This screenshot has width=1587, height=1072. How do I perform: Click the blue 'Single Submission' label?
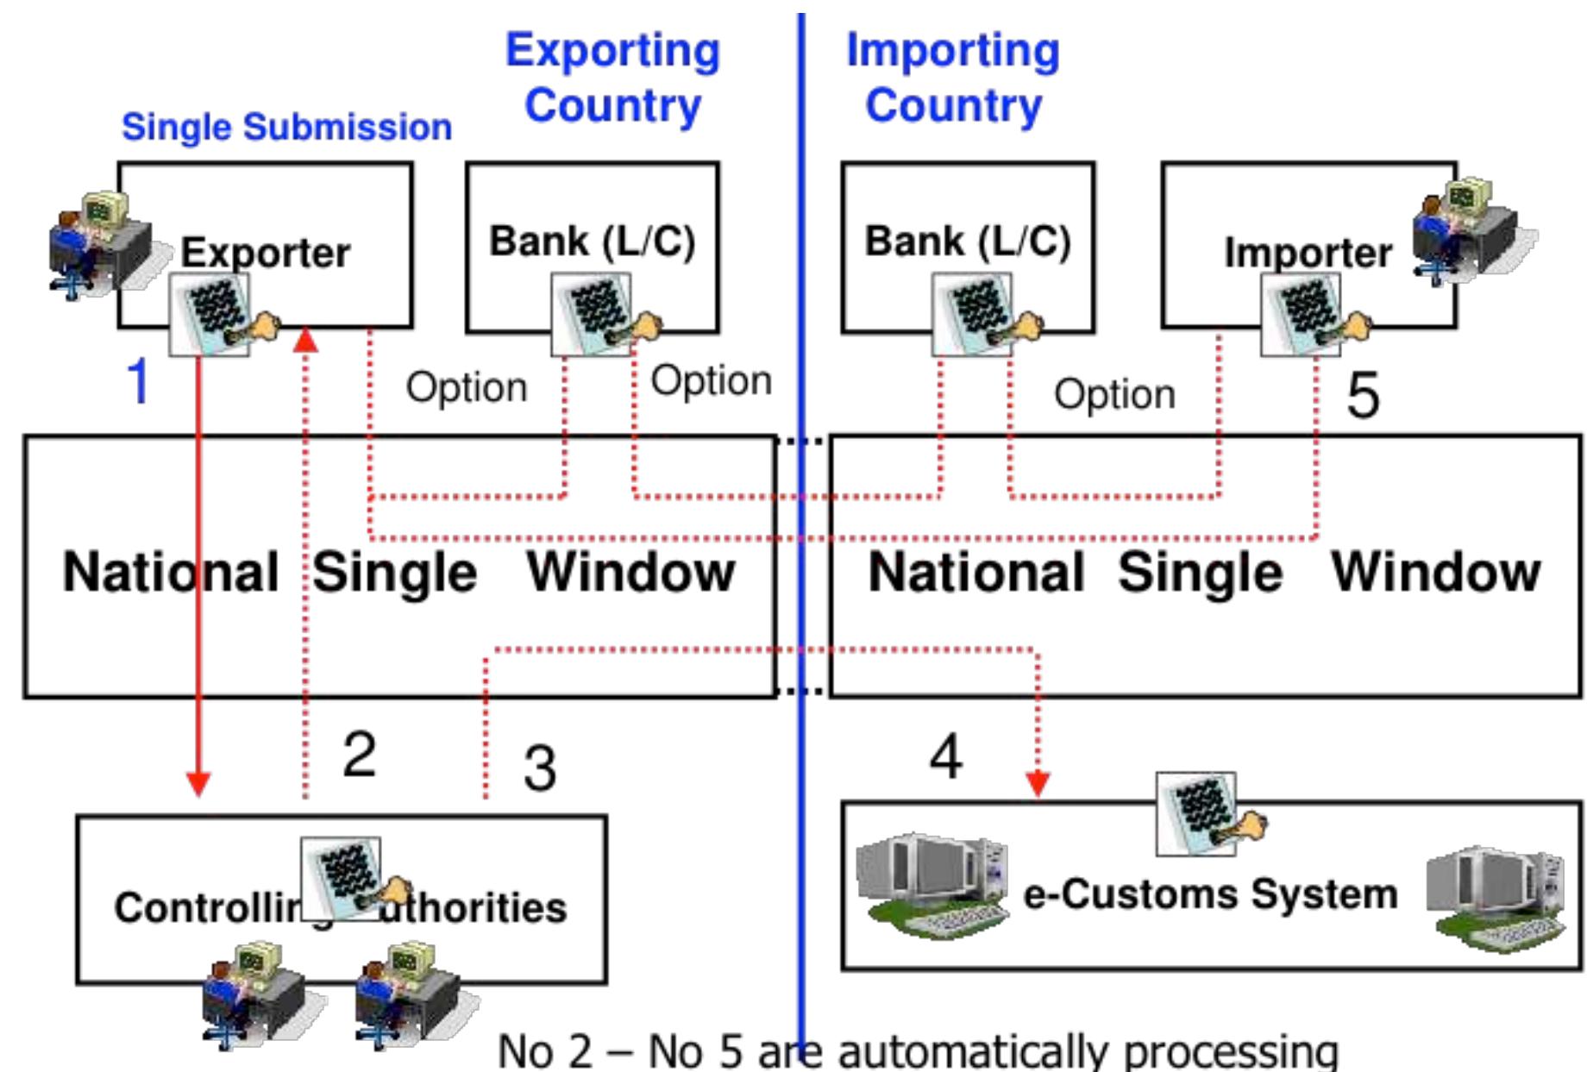[286, 127]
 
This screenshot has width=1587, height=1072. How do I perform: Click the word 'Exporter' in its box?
[266, 253]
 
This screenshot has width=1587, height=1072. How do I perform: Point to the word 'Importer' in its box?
[1308, 253]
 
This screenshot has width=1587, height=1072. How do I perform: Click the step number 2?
[359, 754]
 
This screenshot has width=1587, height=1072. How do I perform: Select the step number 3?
[540, 768]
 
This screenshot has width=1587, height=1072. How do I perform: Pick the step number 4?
[945, 756]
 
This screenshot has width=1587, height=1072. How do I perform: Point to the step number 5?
[1363, 395]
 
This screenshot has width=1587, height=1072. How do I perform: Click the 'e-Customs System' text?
[1210, 893]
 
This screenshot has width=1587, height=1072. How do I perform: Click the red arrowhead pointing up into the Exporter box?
[305, 341]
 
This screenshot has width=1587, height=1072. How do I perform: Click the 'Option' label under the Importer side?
[1114, 394]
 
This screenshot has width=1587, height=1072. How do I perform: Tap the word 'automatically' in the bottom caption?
[975, 1051]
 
